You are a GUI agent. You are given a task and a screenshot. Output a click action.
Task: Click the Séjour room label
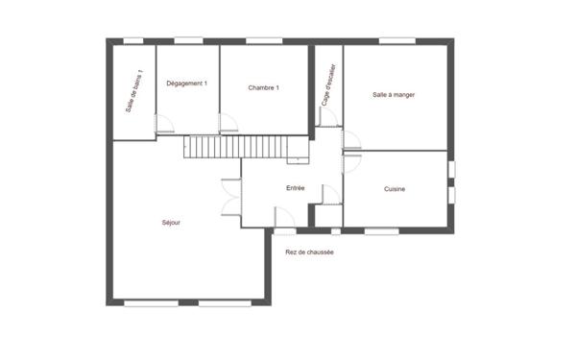point(171,223)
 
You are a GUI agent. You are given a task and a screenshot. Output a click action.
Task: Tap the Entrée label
point(295,188)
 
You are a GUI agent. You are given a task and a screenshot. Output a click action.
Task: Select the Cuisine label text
point(394,189)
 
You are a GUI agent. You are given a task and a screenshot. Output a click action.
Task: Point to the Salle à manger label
point(394,94)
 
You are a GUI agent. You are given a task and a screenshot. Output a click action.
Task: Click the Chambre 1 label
point(263,88)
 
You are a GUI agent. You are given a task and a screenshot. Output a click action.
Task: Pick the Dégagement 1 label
point(186,84)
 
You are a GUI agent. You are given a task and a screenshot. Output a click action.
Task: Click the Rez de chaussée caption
point(309,252)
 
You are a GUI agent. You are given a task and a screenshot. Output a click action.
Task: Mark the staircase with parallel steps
point(234,148)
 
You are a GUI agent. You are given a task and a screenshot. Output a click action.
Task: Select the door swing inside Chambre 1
point(228,123)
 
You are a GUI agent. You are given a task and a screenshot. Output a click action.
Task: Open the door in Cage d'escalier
point(326,117)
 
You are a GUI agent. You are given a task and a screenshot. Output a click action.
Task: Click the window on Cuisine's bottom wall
point(382,230)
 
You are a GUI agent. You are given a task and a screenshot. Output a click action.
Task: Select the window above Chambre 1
point(259,40)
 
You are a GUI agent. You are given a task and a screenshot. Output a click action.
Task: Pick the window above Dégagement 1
point(188,40)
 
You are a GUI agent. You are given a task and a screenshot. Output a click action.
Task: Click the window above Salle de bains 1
point(133,40)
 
